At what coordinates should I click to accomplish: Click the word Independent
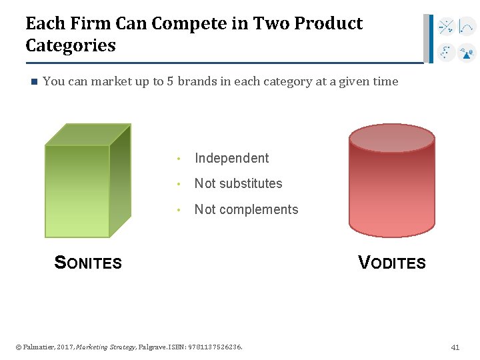point(231,158)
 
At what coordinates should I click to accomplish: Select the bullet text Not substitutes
point(238,183)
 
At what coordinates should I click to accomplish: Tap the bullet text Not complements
point(246,209)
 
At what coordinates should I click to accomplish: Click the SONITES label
point(88,263)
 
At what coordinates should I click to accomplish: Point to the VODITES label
point(392,263)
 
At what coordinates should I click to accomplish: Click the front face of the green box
point(77,191)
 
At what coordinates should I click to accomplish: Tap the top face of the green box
point(87,134)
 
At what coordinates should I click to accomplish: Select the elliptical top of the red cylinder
point(392,139)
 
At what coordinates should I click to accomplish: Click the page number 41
point(455,347)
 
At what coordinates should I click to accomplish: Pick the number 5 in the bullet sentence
point(171,81)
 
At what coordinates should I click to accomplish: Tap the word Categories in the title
point(71,46)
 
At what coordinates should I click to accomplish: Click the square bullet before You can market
point(31,82)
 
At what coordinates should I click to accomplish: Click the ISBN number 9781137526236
point(215,347)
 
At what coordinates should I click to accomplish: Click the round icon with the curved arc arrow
point(467,27)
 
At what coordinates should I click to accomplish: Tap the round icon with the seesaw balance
point(467,52)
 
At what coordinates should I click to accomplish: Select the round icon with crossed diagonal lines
point(446,27)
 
